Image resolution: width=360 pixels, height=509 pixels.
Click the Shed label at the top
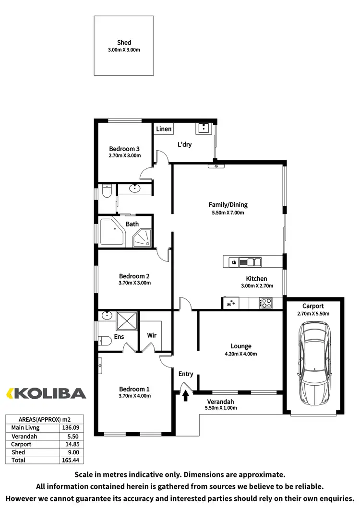click(x=124, y=43)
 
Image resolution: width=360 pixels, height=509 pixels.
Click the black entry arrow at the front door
click(x=185, y=395)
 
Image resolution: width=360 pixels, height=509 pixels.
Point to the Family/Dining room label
click(x=228, y=205)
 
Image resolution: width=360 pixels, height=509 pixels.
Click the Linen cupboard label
click(x=164, y=129)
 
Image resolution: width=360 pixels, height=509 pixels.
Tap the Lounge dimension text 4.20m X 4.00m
click(x=241, y=355)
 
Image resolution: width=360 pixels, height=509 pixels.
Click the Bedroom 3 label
click(x=124, y=149)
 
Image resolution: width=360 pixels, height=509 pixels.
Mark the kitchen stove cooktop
click(x=265, y=303)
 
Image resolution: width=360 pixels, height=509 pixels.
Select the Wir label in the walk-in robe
click(x=152, y=335)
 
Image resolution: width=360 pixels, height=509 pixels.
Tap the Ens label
click(x=119, y=337)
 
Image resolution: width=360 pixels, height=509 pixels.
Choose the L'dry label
click(x=184, y=144)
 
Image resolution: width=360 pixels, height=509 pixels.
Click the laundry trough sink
click(x=204, y=129)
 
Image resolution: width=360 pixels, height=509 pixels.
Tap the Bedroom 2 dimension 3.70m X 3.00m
click(x=135, y=283)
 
